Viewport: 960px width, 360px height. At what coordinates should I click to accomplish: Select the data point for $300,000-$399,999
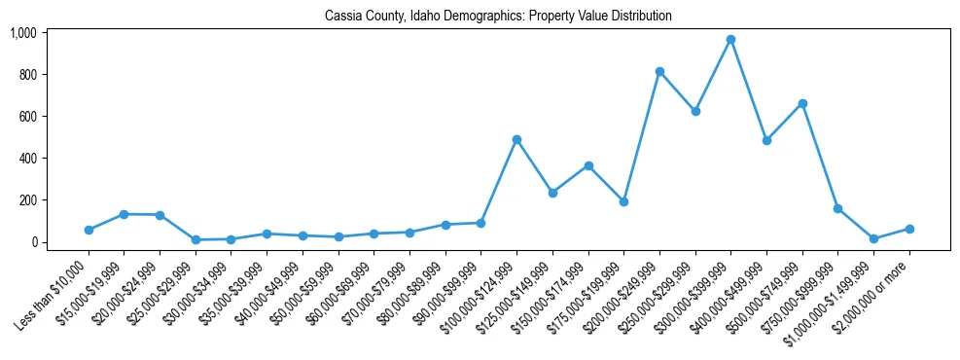[730, 40]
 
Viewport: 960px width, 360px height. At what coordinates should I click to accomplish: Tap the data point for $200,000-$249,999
[659, 71]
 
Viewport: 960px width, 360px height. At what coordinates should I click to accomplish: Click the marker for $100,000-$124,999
[516, 139]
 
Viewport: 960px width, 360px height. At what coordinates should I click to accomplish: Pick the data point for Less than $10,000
[89, 230]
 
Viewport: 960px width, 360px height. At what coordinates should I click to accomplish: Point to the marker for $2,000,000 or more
[909, 229]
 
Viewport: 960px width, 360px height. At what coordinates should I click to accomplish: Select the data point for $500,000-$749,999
[802, 103]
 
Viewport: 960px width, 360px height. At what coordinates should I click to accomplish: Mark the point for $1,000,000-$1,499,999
[873, 238]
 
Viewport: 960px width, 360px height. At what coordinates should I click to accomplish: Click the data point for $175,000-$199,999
[623, 201]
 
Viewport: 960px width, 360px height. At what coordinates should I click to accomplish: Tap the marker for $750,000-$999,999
[837, 208]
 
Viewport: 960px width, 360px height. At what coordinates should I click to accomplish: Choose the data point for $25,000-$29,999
[196, 239]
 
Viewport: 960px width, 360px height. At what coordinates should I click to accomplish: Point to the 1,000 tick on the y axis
[22, 33]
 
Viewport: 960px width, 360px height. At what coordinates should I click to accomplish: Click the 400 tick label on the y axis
[26, 159]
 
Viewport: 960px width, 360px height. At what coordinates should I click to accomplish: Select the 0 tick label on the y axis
[32, 242]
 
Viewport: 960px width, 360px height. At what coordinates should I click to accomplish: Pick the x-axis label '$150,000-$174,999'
[553, 291]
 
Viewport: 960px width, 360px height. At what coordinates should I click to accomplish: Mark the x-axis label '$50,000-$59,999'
[304, 291]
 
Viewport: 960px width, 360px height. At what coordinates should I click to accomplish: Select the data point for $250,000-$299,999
[695, 112]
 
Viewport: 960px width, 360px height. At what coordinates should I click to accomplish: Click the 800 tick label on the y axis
[26, 75]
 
